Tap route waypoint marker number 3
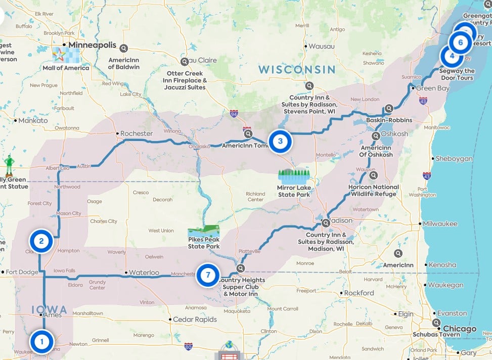click(x=280, y=141)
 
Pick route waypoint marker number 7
click(x=207, y=276)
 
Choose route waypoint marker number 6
click(x=460, y=42)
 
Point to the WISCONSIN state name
click(x=297, y=69)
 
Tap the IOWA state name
click(x=49, y=309)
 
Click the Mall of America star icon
click(x=60, y=54)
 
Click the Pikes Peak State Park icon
click(x=204, y=230)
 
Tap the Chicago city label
click(x=459, y=329)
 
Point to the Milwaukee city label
click(x=440, y=223)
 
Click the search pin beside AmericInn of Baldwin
click(x=124, y=49)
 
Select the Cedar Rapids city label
click(x=195, y=320)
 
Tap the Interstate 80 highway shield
click(x=188, y=347)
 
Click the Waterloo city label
click(x=144, y=273)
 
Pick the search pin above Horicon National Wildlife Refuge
click(x=373, y=175)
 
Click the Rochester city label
click(x=136, y=133)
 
